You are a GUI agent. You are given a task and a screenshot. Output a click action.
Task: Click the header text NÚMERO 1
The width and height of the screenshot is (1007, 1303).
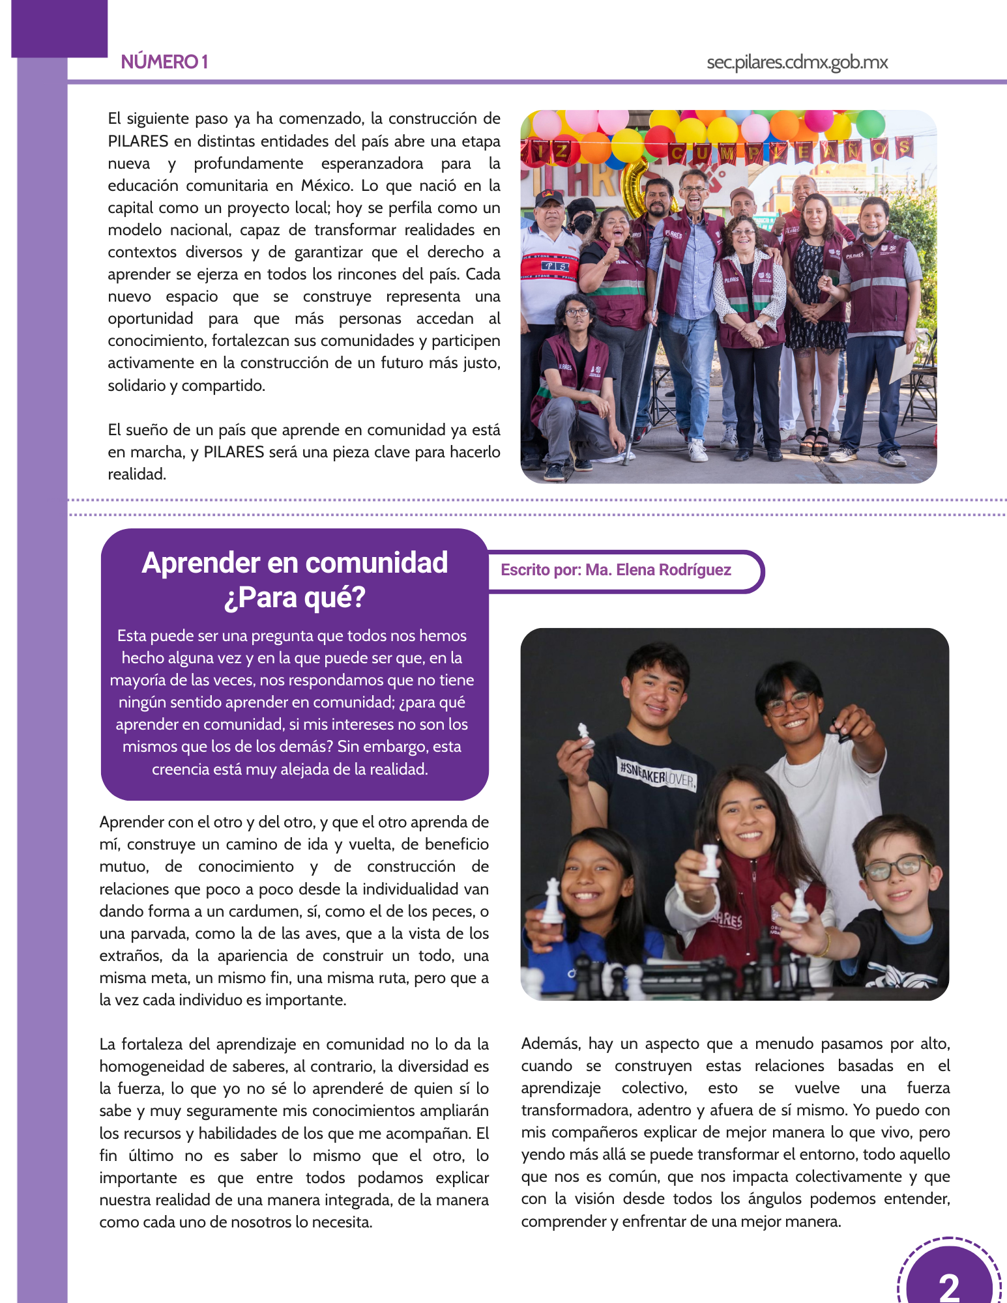coord(164,62)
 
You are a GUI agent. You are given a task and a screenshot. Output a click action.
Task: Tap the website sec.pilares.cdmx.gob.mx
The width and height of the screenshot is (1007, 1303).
coord(796,63)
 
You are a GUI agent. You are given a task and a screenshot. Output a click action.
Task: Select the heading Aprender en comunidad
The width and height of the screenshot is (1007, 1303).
coord(295,563)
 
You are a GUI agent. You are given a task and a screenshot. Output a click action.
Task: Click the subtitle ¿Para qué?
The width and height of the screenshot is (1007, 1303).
coord(295,597)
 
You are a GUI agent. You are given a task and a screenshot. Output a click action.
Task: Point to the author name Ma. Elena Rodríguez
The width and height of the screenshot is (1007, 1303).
coord(658,570)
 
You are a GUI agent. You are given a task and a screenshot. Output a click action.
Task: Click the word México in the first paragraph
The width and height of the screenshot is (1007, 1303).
coord(327,186)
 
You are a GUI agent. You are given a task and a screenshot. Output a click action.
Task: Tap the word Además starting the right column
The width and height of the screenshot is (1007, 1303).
coord(549,1044)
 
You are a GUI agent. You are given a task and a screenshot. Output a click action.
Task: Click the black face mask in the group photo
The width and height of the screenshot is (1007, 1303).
coord(583,225)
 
